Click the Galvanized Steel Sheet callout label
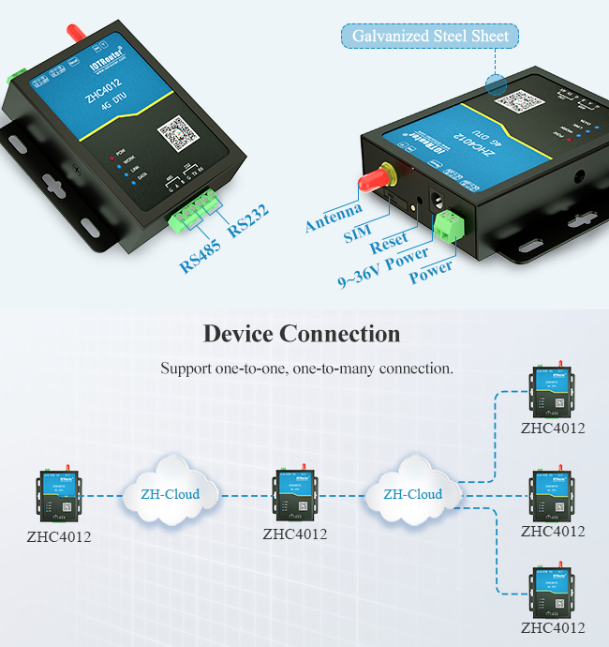pos(430,37)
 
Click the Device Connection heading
pos(302,334)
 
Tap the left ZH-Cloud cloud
pos(170,492)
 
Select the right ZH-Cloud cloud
pos(412,492)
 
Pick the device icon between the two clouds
pos(294,493)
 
